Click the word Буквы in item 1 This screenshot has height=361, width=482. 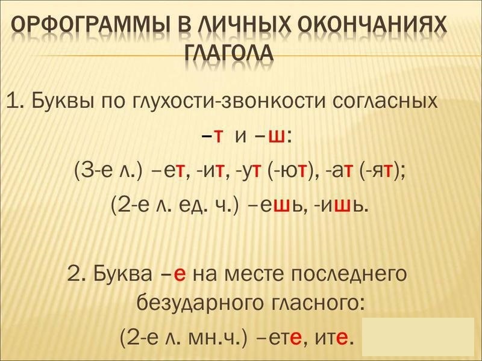(x=63, y=100)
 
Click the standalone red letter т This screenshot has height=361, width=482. (x=218, y=137)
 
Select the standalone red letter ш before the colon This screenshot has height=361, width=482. (x=277, y=137)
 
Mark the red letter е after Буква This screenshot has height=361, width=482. (x=180, y=274)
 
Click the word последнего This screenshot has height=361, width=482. (x=349, y=274)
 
